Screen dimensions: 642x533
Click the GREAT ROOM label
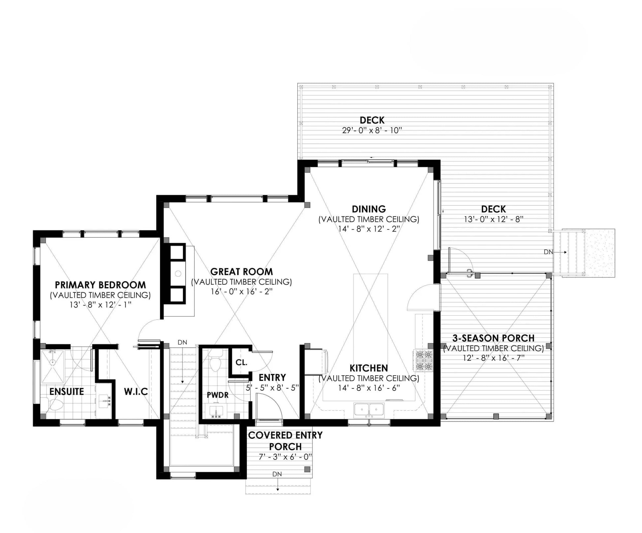coord(241,272)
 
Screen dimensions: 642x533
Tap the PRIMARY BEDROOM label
coord(100,285)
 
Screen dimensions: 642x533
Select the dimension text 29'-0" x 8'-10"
coord(372,130)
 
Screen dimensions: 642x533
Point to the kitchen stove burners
coord(423,361)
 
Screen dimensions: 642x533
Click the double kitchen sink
coord(369,410)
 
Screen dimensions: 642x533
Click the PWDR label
coord(218,395)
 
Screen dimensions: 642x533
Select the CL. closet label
coord(241,362)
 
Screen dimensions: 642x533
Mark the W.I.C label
coord(136,392)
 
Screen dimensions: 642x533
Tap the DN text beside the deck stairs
coord(548,252)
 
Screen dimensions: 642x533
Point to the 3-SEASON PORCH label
coord(493,338)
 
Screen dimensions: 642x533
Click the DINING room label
coord(369,209)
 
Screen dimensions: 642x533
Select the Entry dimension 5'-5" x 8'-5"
coord(272,388)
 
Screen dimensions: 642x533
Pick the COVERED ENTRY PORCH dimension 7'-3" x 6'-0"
coord(285,457)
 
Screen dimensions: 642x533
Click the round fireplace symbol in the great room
coord(178,273)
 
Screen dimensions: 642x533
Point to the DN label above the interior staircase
coord(182,342)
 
